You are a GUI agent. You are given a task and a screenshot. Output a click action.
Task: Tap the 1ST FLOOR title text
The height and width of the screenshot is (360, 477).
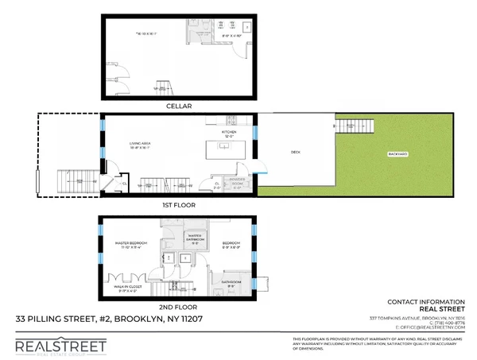tap(178, 204)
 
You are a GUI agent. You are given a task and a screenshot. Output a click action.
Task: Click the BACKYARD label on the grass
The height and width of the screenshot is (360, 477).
tap(399, 153)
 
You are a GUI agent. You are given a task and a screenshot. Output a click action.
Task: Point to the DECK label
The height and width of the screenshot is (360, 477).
tap(295, 151)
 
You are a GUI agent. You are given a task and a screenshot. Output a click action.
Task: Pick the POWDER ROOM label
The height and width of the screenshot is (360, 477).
tap(237, 180)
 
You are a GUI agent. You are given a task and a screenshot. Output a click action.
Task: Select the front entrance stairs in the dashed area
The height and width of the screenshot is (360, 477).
tap(78, 182)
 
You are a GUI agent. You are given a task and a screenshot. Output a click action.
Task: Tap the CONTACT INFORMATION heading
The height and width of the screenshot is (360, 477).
tap(425, 303)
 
